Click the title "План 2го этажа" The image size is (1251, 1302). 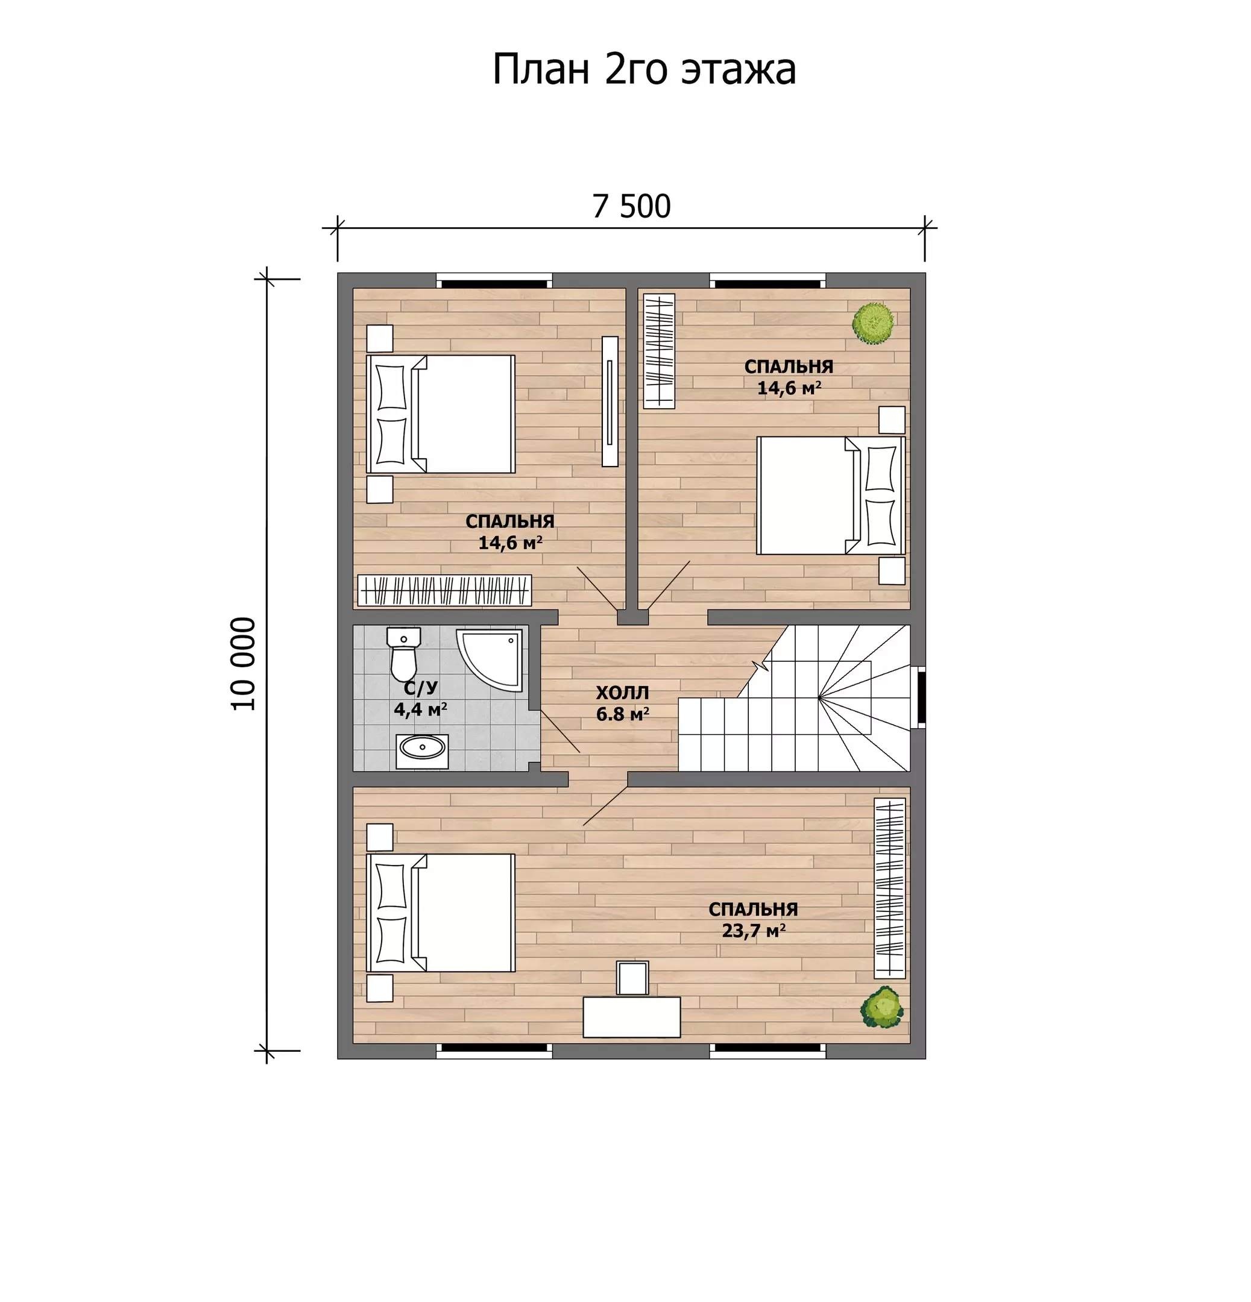pyautogui.click(x=644, y=69)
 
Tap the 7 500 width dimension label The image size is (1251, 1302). pyautogui.click(x=631, y=206)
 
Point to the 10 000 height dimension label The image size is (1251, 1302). pyautogui.click(x=243, y=664)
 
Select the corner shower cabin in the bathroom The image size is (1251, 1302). pyautogui.click(x=489, y=660)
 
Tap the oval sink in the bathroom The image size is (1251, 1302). pyautogui.click(x=423, y=751)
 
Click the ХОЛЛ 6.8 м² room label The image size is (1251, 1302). pyautogui.click(x=622, y=703)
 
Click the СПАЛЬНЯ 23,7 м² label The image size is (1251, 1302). pyautogui.click(x=753, y=919)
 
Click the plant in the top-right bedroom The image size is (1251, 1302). pyautogui.click(x=874, y=323)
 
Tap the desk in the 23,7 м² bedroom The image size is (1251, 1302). pyautogui.click(x=631, y=1016)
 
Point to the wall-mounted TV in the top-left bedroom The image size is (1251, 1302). pyautogui.click(x=610, y=401)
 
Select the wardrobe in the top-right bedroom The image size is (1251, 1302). pyautogui.click(x=659, y=351)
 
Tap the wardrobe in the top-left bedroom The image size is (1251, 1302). pyautogui.click(x=444, y=590)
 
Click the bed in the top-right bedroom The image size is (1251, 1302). pyautogui.click(x=830, y=495)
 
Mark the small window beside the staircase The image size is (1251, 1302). pyautogui.click(x=921, y=697)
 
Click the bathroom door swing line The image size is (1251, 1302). pyautogui.click(x=561, y=731)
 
